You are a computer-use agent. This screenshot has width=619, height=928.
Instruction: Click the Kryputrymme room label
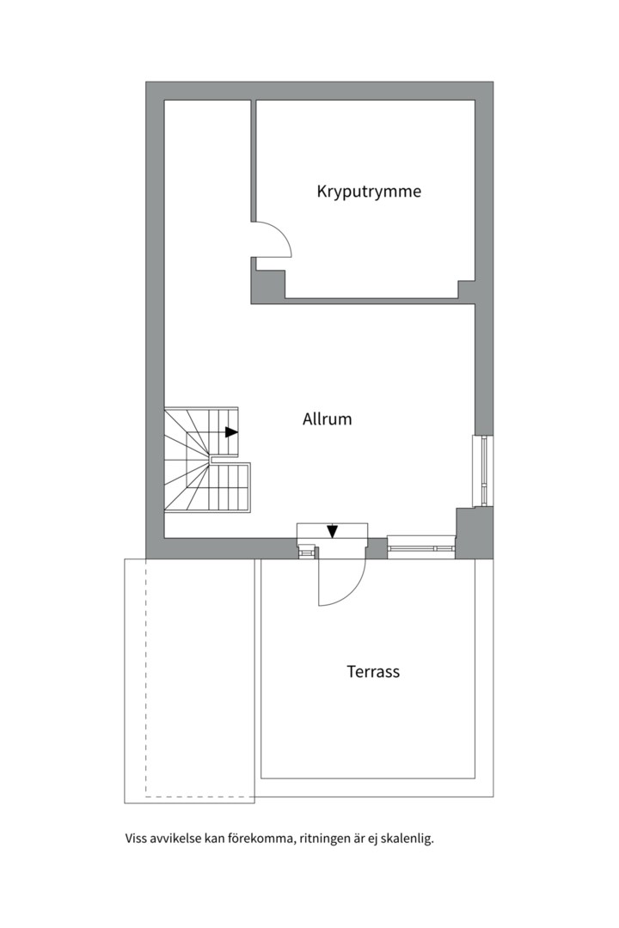pos(369,192)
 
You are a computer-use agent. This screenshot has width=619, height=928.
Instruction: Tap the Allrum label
pos(327,419)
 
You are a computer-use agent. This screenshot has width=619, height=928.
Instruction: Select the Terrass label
pos(373,672)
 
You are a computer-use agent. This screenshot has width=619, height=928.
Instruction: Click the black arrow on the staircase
pos(231,432)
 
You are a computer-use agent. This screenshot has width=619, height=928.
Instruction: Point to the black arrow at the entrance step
pos(333,531)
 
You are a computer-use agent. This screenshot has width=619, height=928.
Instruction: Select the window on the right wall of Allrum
pos(483,471)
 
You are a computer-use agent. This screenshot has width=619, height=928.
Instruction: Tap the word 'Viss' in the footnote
pos(134,839)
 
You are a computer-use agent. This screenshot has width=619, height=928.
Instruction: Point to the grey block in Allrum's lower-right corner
pos(474,533)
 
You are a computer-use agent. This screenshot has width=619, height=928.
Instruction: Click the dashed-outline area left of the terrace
pos(189,681)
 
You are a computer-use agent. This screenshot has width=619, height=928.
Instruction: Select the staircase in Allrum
pos(207,459)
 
